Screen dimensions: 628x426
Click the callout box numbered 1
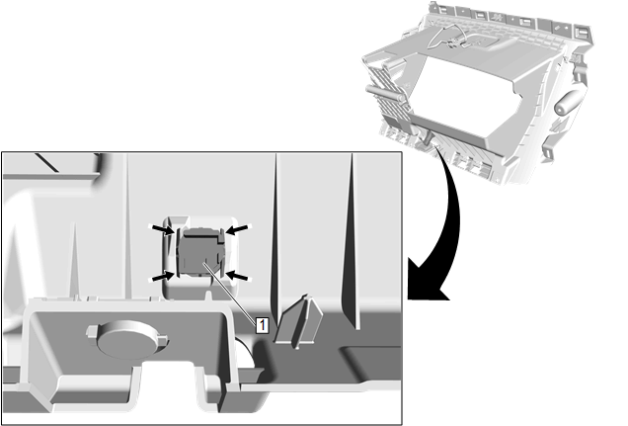pos(262,324)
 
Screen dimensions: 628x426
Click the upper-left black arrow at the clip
pos(164,229)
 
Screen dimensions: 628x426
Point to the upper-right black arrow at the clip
pos(237,229)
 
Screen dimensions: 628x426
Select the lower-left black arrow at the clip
pos(163,276)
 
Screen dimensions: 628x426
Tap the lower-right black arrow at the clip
pos(237,276)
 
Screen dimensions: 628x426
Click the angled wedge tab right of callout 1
pos(298,320)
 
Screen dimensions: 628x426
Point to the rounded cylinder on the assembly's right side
pos(569,102)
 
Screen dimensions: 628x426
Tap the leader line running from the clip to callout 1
pos(230,291)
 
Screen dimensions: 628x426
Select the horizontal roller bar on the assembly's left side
pos(384,92)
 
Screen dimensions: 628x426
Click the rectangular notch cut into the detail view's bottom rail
pos(170,382)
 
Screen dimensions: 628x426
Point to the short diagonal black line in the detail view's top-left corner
pos(46,163)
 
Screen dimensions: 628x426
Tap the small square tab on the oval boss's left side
pos(92,331)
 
